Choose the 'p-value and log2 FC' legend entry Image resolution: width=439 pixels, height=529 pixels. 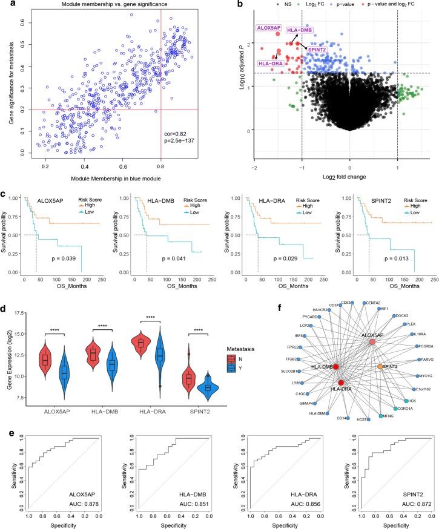402,5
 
